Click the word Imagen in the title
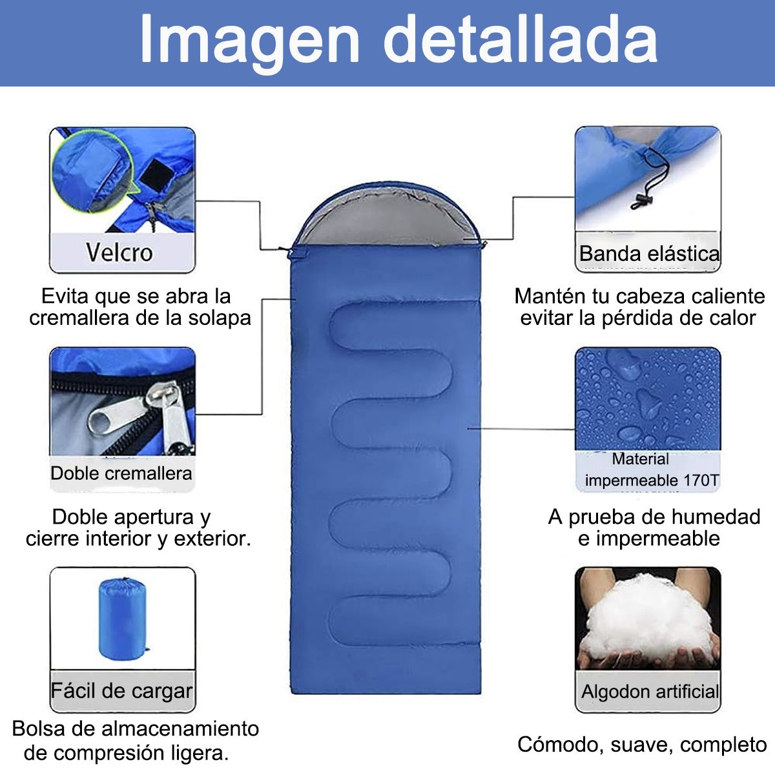pyautogui.click(x=249, y=40)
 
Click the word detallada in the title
pyautogui.click(x=520, y=40)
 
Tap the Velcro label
pyautogui.click(x=119, y=252)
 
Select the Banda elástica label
pyautogui.click(x=648, y=253)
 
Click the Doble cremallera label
pyautogui.click(x=121, y=473)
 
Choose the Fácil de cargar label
pyautogui.click(x=121, y=690)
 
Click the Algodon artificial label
pyautogui.click(x=650, y=692)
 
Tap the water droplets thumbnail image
pyautogui.click(x=647, y=397)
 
